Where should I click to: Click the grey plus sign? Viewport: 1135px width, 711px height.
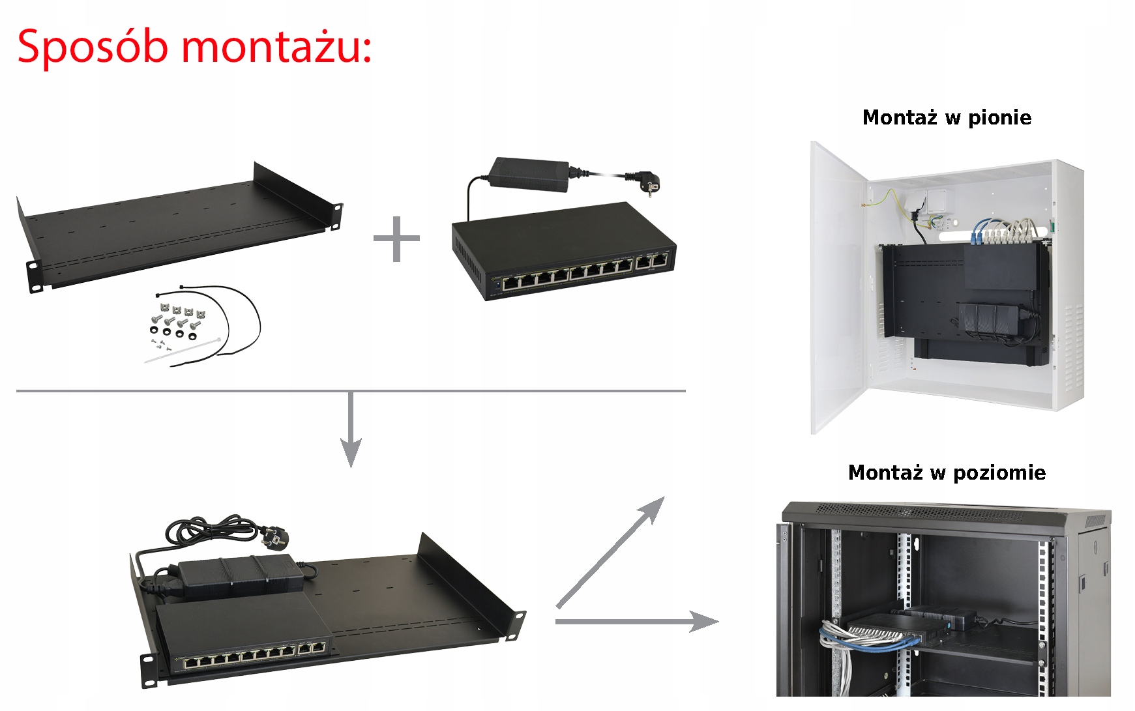coord(396,239)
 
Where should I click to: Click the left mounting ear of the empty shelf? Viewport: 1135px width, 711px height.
coord(35,276)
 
